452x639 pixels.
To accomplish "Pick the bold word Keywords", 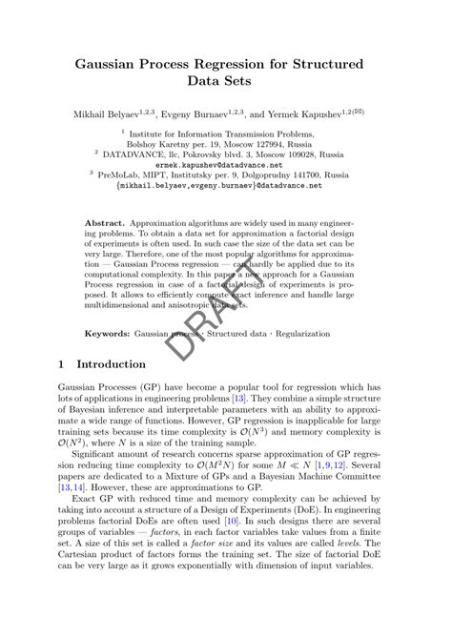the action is pyautogui.click(x=107, y=335).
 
